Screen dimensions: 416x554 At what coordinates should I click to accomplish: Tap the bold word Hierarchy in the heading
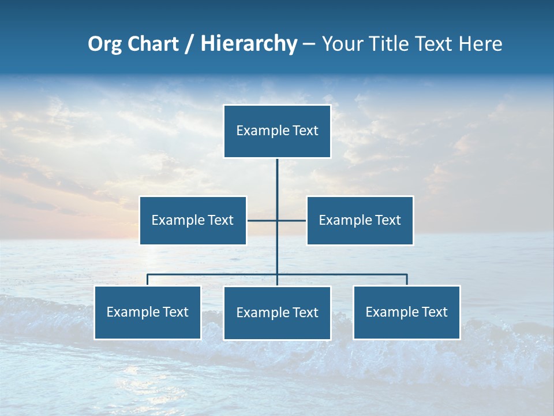249,44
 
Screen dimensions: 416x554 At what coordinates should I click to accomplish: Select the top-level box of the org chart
277,131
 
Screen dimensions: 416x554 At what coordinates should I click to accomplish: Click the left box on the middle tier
193,220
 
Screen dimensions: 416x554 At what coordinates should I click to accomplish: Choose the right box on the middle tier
360,220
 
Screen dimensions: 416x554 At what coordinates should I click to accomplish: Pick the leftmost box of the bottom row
147,313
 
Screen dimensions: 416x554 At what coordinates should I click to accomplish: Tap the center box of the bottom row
277,313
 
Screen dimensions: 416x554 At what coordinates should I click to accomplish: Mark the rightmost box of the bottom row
406,313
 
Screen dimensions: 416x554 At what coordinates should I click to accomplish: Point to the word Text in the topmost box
305,131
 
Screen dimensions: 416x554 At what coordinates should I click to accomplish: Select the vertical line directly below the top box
277,179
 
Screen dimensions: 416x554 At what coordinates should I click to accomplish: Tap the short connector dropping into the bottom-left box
147,280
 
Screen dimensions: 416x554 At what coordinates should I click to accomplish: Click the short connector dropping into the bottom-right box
407,280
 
